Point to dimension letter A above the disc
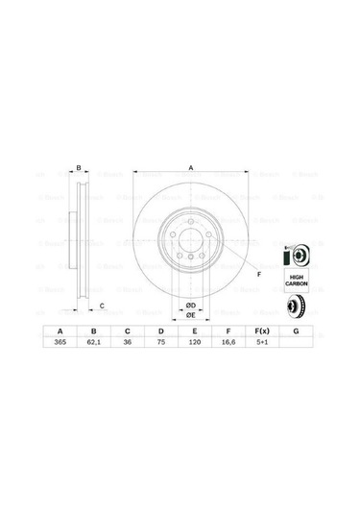(191, 168)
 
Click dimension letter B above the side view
(79, 168)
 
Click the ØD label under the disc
(190, 305)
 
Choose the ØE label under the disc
(190, 314)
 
